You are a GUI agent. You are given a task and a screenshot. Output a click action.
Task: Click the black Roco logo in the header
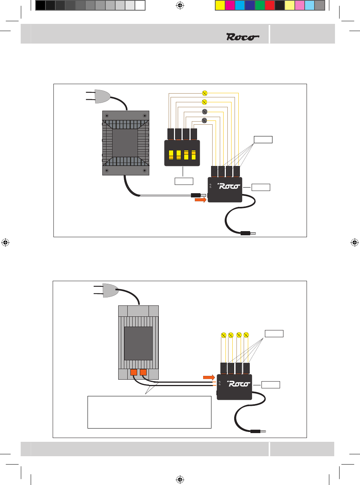tap(243, 37)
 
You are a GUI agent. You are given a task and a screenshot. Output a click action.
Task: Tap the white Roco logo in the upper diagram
tap(229, 186)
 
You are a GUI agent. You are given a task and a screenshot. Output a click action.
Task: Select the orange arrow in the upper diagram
tap(200, 200)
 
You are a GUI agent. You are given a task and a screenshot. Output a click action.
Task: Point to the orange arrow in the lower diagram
tap(209, 377)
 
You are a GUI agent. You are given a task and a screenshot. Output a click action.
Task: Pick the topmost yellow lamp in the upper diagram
tap(205, 93)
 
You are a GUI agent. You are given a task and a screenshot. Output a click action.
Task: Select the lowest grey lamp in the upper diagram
tap(204, 120)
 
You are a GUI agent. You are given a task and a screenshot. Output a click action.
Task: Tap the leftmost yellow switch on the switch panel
tap(171, 155)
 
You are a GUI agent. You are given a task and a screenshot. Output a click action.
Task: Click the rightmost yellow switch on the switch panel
tap(194, 155)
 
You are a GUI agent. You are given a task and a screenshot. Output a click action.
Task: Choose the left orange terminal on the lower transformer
tap(134, 372)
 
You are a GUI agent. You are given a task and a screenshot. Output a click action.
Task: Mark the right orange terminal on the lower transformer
tap(143, 372)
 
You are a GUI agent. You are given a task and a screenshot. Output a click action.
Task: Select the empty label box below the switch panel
tap(184, 181)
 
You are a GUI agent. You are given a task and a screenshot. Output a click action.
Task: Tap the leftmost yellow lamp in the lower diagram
tap(224, 335)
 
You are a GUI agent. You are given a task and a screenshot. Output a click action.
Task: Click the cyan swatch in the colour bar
tap(240, 5)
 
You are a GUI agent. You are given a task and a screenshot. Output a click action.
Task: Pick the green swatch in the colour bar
tap(260, 5)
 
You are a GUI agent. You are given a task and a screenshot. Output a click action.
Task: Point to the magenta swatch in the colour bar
tap(230, 5)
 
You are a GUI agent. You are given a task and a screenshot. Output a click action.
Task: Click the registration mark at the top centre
tap(180, 5)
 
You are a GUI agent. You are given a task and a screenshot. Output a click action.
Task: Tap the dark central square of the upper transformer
tap(125, 143)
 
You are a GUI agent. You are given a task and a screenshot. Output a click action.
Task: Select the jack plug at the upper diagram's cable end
tap(248, 233)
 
